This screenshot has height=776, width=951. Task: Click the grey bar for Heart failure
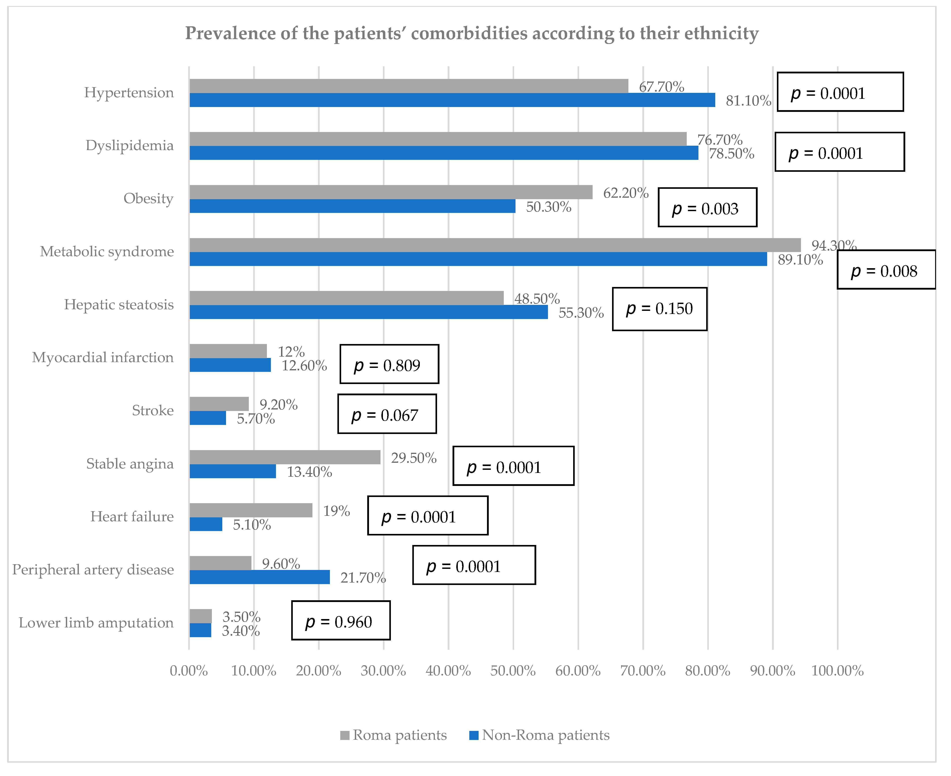pyautogui.click(x=251, y=510)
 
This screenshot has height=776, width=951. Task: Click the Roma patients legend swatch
pyautogui.click(x=344, y=735)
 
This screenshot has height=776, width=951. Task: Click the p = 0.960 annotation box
pyautogui.click(x=341, y=620)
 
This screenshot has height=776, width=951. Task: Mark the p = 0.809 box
pyautogui.click(x=389, y=364)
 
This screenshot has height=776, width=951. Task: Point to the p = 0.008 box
pyautogui.click(x=886, y=269)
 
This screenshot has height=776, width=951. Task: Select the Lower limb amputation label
pyautogui.click(x=96, y=623)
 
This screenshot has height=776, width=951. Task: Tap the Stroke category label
pyautogui.click(x=153, y=410)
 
